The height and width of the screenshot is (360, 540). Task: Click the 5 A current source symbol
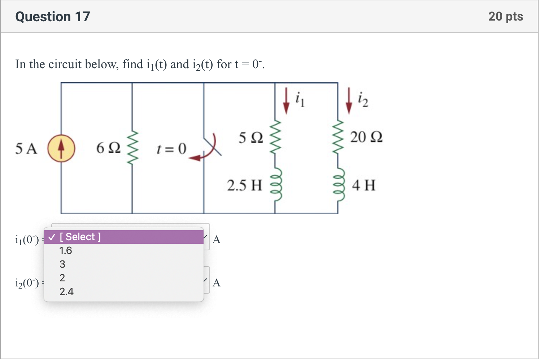pos(61,148)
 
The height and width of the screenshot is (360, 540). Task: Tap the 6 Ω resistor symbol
pos(132,148)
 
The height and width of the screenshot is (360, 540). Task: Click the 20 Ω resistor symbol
pos(338,137)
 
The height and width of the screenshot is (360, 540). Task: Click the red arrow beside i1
pos(286,101)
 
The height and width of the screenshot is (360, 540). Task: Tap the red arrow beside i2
pos(349,101)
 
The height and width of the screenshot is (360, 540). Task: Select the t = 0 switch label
pos(171,148)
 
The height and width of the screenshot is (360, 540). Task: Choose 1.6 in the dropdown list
pos(66,251)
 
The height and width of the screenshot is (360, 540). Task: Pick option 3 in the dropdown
pos(62,264)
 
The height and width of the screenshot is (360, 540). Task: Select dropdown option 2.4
pos(66,292)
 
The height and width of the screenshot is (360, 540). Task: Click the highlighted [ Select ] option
pos(123,237)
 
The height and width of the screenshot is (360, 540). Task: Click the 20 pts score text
pos(505,17)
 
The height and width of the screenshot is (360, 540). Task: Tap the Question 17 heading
pos(53,17)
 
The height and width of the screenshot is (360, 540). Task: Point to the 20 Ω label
pos(366,137)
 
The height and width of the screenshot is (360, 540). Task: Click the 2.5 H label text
pos(244,185)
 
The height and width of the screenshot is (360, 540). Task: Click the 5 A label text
pos(26,149)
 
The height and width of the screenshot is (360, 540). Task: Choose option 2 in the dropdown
pos(62,278)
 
